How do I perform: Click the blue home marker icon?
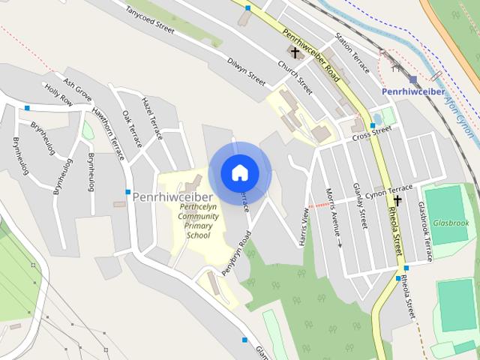(x=239, y=172)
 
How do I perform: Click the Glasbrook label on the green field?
(x=450, y=223)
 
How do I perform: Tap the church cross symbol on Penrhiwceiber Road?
(x=295, y=52)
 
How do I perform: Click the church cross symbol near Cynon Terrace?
(x=397, y=201)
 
